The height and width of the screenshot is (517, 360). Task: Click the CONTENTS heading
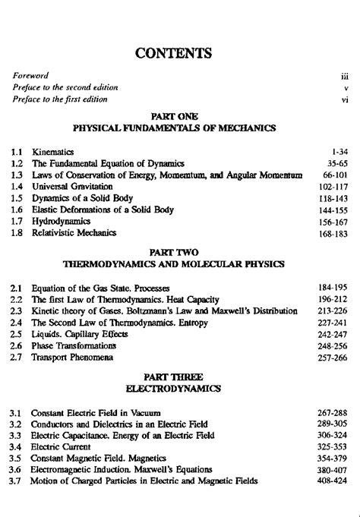[179, 53]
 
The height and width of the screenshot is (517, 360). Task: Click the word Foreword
[31, 76]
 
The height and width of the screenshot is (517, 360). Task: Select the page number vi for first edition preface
[344, 99]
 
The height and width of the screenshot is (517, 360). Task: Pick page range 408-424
[333, 481]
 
